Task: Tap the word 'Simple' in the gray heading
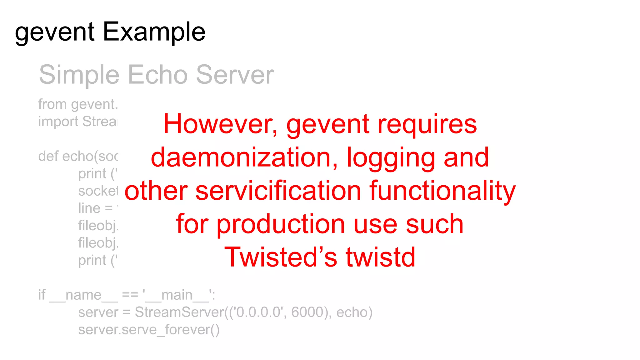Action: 79,75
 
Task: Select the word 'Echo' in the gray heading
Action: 157,75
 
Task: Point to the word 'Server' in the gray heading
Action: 235,75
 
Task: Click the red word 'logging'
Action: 391,158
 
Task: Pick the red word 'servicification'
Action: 278,191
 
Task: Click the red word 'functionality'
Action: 442,191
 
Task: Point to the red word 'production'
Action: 281,224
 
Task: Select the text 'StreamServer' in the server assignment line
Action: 179,312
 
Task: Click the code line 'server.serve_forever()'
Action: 149,330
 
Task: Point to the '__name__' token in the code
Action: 83,295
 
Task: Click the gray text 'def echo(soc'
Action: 78,156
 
